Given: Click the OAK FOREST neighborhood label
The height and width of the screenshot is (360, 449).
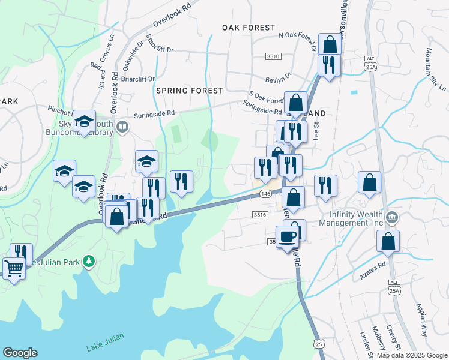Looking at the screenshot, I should [x=248, y=28].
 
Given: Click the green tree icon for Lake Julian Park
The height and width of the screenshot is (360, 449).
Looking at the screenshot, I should [x=89, y=260].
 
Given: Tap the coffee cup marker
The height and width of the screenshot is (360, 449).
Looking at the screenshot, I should [x=288, y=236].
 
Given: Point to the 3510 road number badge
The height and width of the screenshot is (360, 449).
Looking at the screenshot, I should [x=273, y=56].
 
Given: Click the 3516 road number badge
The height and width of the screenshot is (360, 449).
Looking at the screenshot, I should [x=260, y=214].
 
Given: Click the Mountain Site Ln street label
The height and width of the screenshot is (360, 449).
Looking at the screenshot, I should [x=435, y=69].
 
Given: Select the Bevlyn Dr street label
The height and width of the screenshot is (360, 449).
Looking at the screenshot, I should [x=279, y=78].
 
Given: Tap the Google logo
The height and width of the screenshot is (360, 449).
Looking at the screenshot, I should [x=20, y=352].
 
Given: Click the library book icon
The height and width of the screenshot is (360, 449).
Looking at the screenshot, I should [x=122, y=127].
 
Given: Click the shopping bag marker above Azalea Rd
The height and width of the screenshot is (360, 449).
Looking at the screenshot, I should [x=388, y=241].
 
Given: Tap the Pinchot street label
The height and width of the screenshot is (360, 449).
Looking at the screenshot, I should [x=59, y=110].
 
